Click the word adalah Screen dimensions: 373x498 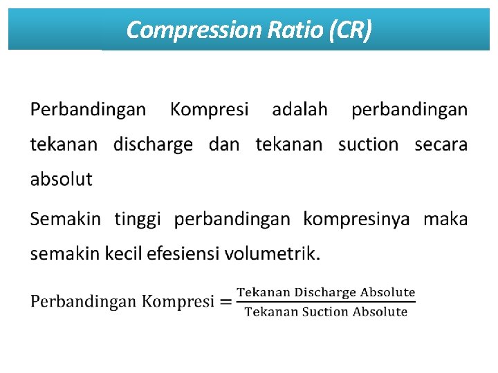click(299, 109)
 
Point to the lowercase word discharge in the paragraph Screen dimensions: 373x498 click(153, 144)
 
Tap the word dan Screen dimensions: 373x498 click(224, 144)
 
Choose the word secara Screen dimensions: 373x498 click(441, 144)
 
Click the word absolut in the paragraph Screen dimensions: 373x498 click(61, 180)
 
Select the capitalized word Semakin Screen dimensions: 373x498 click(66, 220)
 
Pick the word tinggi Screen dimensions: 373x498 click(138, 220)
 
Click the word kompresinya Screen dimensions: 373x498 click(356, 220)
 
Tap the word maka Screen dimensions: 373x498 click(445, 220)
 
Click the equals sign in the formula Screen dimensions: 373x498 click(225, 303)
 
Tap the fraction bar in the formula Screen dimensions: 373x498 click(326, 302)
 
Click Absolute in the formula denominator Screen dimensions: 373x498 click(380, 312)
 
